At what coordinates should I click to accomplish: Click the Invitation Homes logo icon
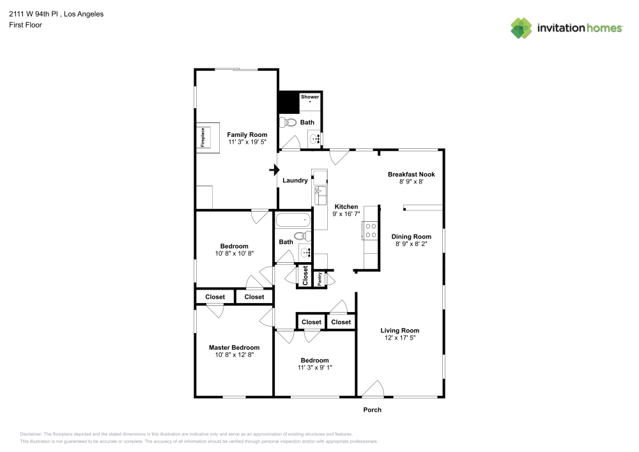[521, 27]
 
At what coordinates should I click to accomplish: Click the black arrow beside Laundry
[275, 170]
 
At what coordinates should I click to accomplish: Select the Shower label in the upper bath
[310, 97]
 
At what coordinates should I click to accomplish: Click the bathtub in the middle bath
[293, 221]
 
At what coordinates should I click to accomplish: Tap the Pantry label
[320, 279]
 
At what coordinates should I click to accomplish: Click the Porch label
[372, 410]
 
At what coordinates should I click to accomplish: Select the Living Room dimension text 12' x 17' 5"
[399, 338]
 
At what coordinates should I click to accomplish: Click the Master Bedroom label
[234, 348]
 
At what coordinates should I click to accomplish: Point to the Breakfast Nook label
[412, 174]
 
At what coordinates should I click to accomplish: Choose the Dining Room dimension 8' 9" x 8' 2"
[411, 244]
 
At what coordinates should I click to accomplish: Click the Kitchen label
[346, 207]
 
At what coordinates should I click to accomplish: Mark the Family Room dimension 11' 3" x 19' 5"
[247, 142]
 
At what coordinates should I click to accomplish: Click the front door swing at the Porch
[371, 389]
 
